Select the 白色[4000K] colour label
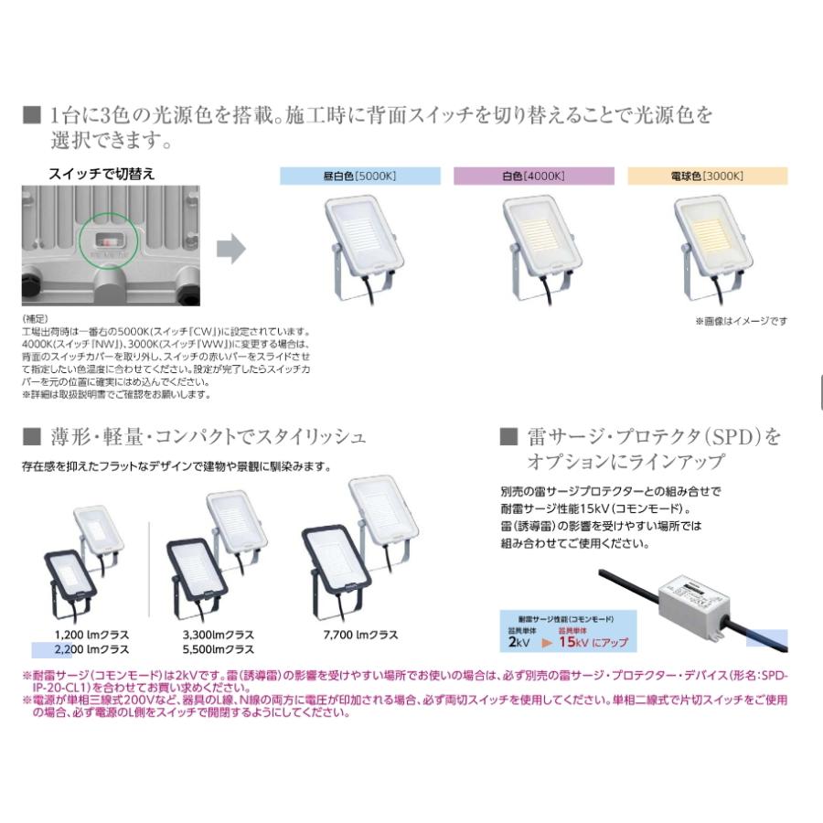pos(534,176)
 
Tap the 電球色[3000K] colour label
pos(707,176)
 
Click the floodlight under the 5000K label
pos(362,246)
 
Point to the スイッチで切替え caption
pos(102,172)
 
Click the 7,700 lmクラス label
pos(361,635)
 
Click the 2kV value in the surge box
pos(518,642)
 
